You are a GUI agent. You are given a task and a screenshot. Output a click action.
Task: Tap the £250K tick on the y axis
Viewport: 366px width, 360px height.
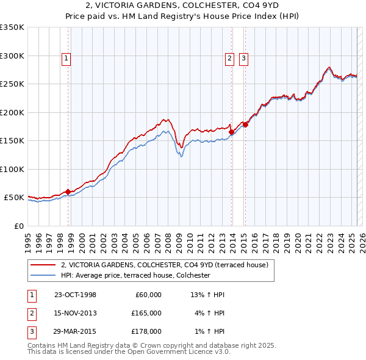12,84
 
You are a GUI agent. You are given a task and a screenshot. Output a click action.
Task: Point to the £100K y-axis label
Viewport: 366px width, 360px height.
12,169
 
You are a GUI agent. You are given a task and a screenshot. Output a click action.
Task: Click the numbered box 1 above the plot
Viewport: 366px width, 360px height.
65,59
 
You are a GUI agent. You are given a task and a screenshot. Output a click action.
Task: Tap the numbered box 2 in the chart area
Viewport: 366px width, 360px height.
229,59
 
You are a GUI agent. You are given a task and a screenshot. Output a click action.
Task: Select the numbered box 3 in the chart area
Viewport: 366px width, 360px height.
243,59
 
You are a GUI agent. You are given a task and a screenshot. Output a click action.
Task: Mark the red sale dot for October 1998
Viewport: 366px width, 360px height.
68,192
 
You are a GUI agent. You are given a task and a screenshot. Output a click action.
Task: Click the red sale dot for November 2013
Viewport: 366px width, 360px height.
231,132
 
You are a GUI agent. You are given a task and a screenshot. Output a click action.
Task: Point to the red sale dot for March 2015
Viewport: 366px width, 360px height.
245,124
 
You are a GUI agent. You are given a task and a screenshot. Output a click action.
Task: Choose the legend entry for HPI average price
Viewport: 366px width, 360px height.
135,275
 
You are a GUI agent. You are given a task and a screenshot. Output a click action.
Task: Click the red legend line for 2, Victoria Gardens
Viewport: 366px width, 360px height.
43,265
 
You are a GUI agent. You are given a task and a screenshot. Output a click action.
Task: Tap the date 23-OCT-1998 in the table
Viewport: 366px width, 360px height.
75,295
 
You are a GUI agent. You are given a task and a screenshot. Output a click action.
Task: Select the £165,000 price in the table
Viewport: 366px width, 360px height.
146,313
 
